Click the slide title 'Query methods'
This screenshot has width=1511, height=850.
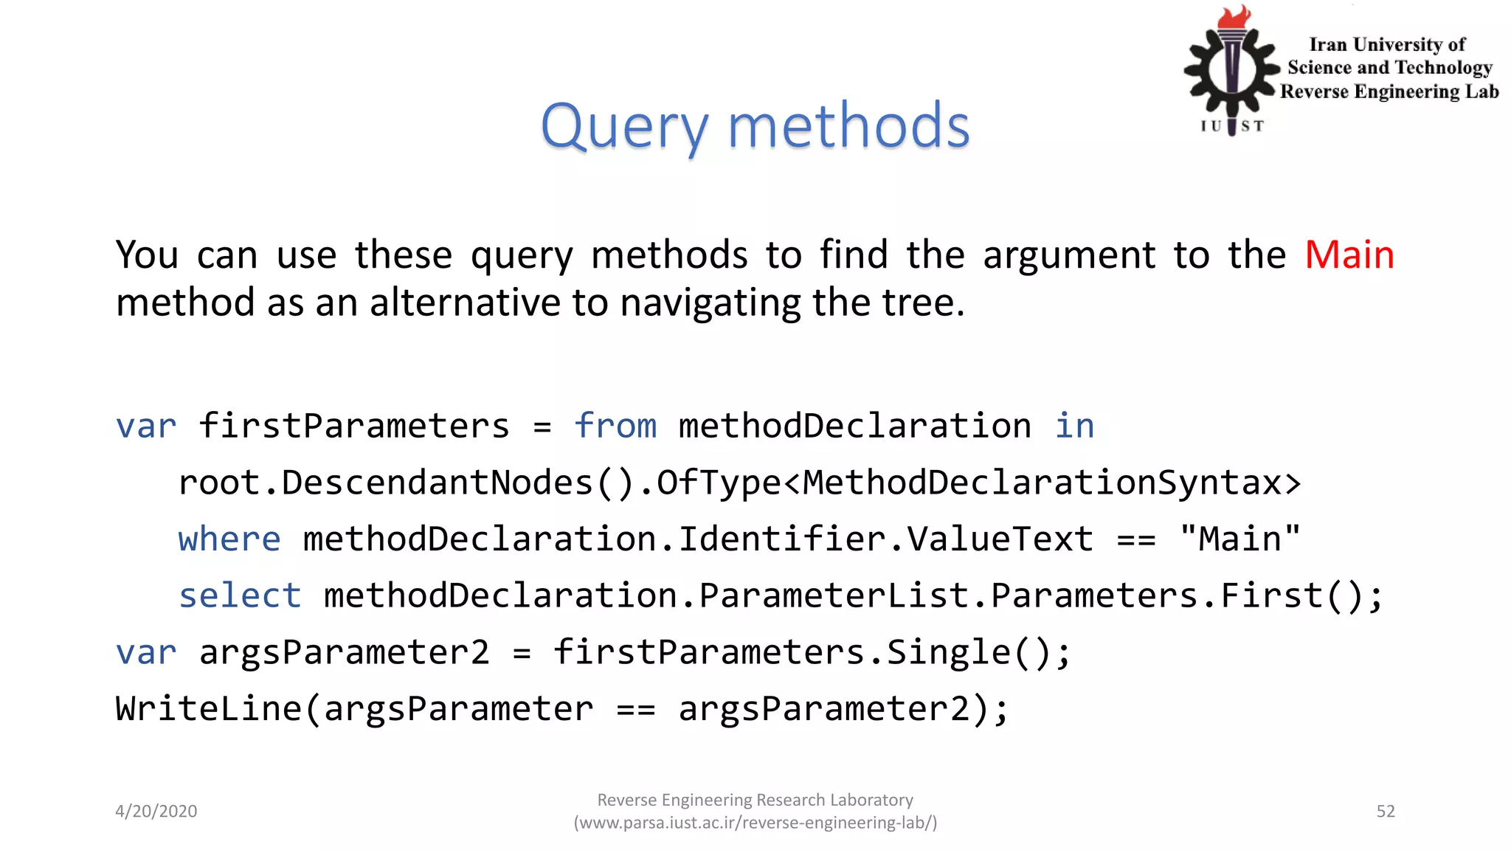pos(755,126)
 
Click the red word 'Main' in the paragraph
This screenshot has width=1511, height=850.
pos(1349,255)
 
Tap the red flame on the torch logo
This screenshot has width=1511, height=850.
pos(1234,17)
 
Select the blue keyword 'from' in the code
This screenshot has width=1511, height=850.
pos(615,426)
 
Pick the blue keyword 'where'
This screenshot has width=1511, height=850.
pos(229,539)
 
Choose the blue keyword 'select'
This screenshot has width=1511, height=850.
pos(240,595)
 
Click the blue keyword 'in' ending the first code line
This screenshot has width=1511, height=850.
pos(1074,426)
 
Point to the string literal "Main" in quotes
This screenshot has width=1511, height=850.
pos(1239,539)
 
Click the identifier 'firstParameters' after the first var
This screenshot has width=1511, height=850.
pos(354,426)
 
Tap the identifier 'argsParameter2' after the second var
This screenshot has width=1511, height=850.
pos(344,652)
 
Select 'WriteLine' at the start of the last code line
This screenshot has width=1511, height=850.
pos(209,709)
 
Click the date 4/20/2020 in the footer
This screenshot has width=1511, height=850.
pos(156,812)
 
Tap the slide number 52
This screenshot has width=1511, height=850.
pos(1386,812)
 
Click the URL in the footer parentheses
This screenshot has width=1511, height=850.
pos(755,823)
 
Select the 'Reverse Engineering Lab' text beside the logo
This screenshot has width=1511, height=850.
pos(1389,91)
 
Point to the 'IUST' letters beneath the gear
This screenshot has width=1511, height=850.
pos(1231,126)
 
